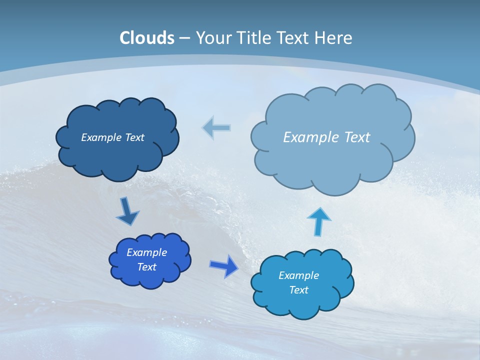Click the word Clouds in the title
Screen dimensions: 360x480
click(147, 38)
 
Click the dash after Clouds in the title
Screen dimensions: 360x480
click(184, 38)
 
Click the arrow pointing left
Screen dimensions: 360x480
click(216, 128)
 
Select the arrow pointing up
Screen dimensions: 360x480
click(318, 220)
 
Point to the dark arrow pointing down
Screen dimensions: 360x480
click(127, 211)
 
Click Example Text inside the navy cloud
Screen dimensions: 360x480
click(112, 137)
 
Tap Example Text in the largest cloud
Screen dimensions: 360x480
click(326, 137)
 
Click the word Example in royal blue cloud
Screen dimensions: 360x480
click(146, 252)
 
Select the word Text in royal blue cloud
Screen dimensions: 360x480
click(146, 267)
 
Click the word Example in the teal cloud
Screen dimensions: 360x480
click(298, 275)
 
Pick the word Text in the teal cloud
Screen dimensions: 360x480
click(298, 290)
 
